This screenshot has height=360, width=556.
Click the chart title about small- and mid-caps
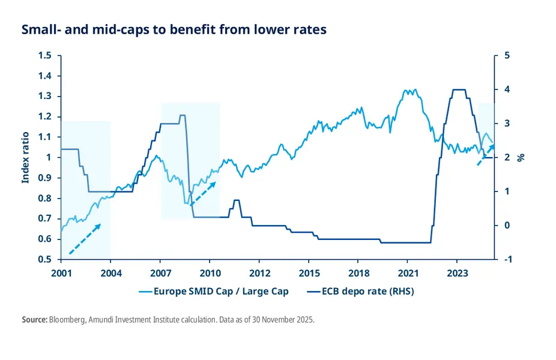(x=174, y=29)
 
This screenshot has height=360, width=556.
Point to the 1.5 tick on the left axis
(x=46, y=56)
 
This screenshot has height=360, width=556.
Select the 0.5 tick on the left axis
(x=46, y=260)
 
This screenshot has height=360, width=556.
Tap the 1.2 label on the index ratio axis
(x=46, y=117)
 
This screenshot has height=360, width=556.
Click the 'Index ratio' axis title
(x=25, y=158)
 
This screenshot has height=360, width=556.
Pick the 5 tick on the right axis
(x=506, y=56)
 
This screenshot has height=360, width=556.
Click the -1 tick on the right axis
(x=507, y=260)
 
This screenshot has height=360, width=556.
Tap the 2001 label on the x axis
(x=61, y=272)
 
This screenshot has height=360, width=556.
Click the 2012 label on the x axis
(x=259, y=272)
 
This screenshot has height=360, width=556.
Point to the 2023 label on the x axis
(x=457, y=272)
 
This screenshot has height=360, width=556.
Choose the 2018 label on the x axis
(x=358, y=272)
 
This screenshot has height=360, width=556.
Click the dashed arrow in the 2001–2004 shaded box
(x=85, y=239)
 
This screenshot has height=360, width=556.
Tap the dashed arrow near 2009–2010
(x=202, y=193)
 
